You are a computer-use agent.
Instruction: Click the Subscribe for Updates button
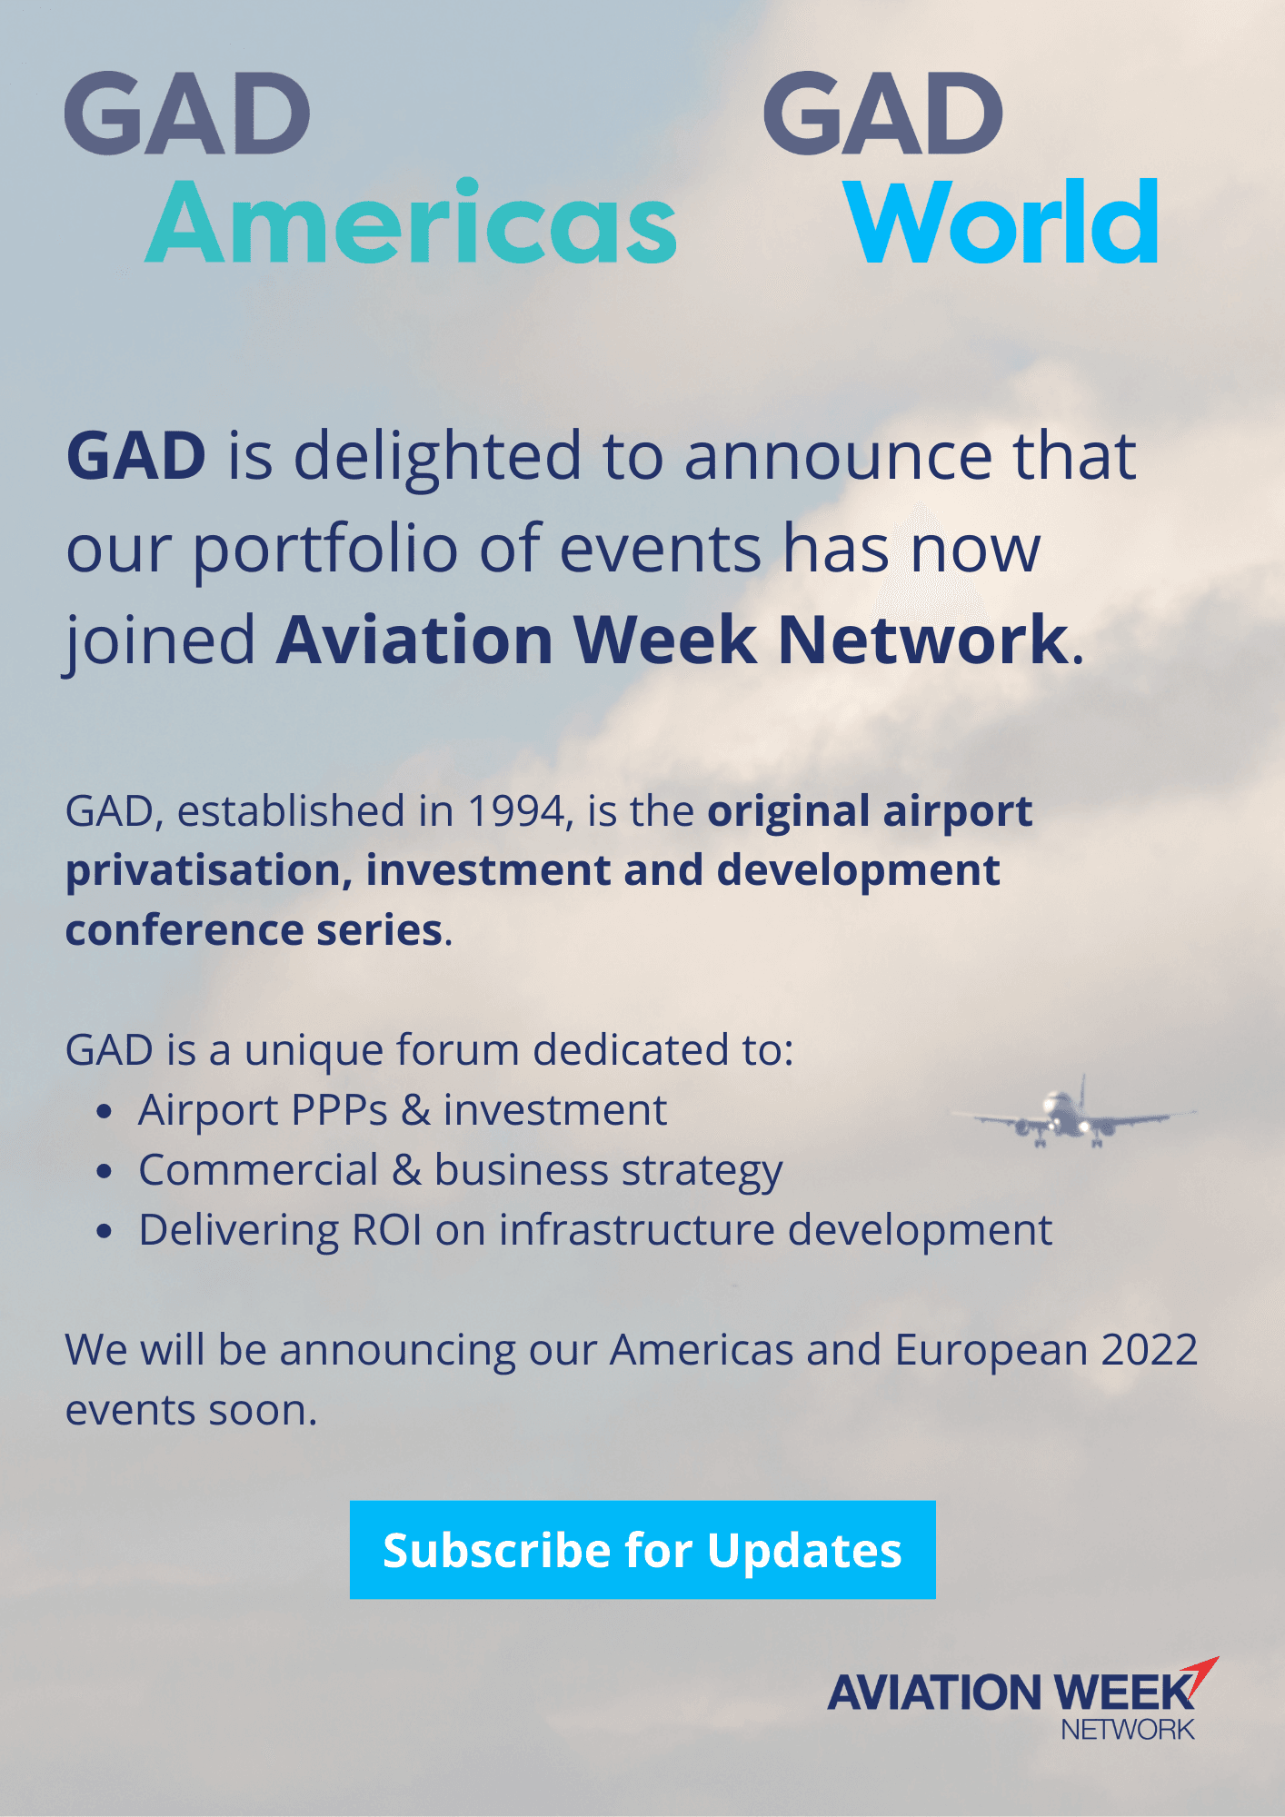642,1550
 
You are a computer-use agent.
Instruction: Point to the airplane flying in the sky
1073,1115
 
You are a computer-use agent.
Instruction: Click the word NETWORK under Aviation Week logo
1128,1730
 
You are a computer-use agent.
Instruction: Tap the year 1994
519,810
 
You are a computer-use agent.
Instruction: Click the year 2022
1150,1349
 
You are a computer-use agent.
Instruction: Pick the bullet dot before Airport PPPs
105,1111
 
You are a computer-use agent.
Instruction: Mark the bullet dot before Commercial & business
105,1171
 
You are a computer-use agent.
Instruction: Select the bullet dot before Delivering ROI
105,1231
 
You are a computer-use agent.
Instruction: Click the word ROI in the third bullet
387,1230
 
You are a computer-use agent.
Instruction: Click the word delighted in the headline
437,456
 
